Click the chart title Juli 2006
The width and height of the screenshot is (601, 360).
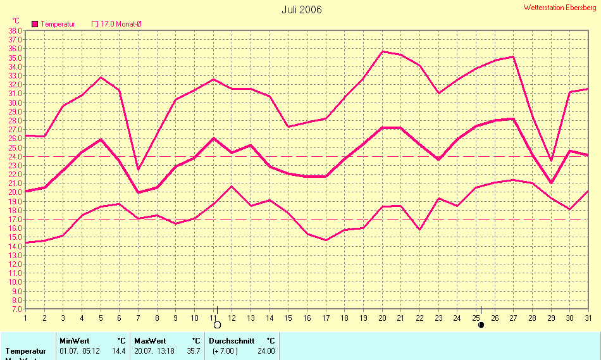click(302, 9)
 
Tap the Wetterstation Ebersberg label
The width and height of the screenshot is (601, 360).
click(560, 8)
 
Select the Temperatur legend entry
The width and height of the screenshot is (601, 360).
click(54, 24)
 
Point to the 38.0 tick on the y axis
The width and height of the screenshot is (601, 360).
click(15, 30)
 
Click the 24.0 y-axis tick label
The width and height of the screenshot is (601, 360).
click(15, 156)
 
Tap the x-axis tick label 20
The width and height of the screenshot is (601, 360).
click(383, 318)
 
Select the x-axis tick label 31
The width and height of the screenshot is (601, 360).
click(588, 318)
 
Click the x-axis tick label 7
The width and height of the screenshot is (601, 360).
click(138, 318)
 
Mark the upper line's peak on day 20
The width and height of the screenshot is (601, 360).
click(383, 51)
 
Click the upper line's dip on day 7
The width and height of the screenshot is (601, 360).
click(138, 169)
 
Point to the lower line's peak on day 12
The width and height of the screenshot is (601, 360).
click(232, 186)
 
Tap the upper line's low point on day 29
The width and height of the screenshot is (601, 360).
click(551, 161)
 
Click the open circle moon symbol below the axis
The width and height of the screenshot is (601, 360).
click(217, 325)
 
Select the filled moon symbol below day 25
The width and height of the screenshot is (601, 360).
click(481, 325)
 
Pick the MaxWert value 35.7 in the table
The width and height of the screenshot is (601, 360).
click(194, 351)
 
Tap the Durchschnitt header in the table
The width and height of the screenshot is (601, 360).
click(232, 340)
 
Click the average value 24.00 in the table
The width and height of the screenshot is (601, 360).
click(266, 351)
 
